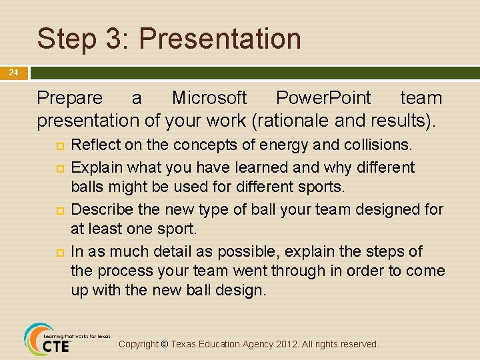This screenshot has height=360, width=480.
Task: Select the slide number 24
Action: (x=13, y=73)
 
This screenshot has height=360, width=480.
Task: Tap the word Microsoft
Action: (x=209, y=98)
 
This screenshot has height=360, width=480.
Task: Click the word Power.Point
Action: (x=323, y=98)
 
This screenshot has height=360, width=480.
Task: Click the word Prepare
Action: (x=70, y=98)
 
